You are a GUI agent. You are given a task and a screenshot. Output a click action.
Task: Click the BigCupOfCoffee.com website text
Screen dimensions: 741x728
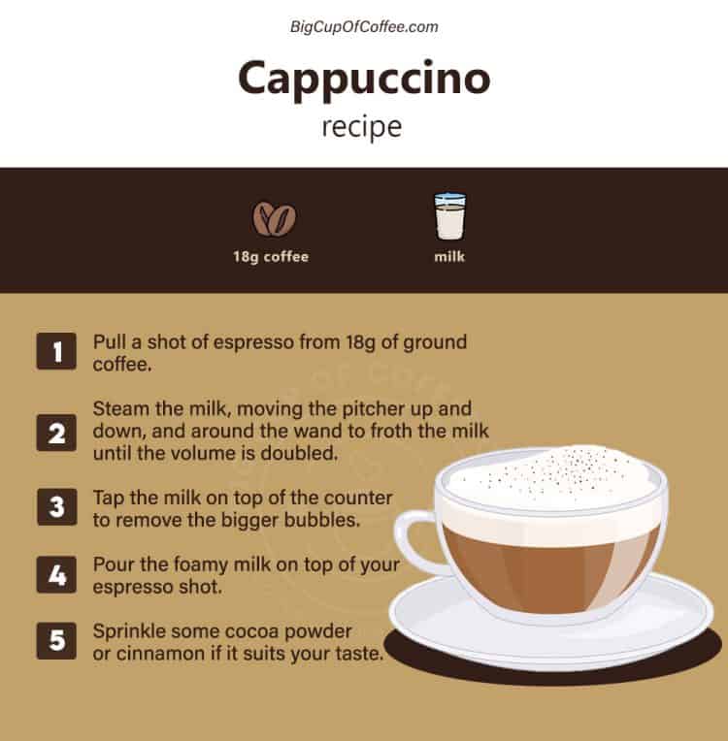[x=364, y=27]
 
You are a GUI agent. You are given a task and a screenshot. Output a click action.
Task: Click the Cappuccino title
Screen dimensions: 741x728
[x=364, y=79]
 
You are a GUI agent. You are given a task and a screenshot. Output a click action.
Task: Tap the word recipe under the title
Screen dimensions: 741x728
[x=362, y=127]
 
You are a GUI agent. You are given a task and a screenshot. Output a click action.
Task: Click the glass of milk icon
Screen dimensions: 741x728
[x=449, y=215]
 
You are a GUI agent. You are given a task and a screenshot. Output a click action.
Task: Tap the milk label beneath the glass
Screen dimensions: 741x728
[x=449, y=257]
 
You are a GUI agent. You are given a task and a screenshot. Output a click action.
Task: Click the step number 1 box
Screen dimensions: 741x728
[x=56, y=352]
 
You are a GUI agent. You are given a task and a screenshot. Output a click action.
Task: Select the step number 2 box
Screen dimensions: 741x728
[x=56, y=432]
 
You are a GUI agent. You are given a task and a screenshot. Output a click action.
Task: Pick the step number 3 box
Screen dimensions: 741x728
[x=56, y=507]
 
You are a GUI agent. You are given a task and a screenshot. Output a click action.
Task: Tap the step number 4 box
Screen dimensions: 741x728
[x=56, y=574]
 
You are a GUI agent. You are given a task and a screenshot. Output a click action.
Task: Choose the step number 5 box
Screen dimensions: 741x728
[x=56, y=642]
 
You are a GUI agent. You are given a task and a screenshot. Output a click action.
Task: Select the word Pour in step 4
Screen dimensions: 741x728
[x=112, y=564]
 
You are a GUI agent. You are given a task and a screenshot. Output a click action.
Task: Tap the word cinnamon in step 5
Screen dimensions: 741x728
[x=162, y=654]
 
